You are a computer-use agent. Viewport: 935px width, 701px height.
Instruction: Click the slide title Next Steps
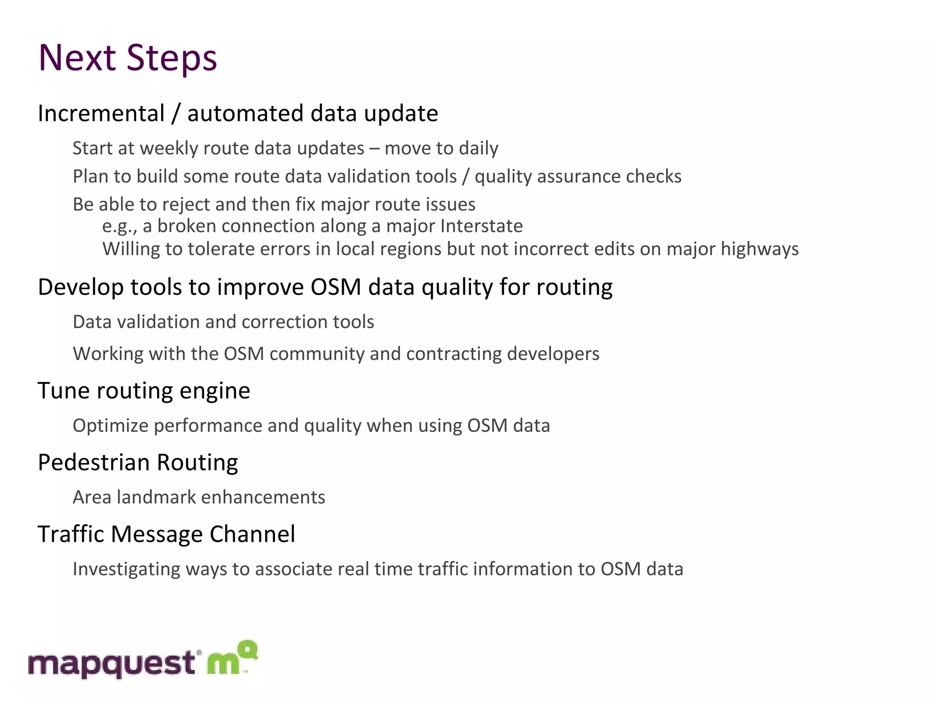coord(128,58)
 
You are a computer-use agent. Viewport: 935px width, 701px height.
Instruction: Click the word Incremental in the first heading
coord(101,113)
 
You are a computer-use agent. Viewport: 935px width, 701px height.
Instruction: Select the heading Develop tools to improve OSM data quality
coord(325,287)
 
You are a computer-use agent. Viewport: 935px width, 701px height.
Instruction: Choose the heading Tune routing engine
coord(144,391)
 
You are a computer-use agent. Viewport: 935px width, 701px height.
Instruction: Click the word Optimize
coord(110,426)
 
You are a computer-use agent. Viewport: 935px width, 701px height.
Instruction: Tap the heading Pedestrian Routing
coord(138,462)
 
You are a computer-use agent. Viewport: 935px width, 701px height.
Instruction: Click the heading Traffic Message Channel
coord(166,534)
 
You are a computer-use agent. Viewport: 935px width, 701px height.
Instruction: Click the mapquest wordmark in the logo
coord(112,664)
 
